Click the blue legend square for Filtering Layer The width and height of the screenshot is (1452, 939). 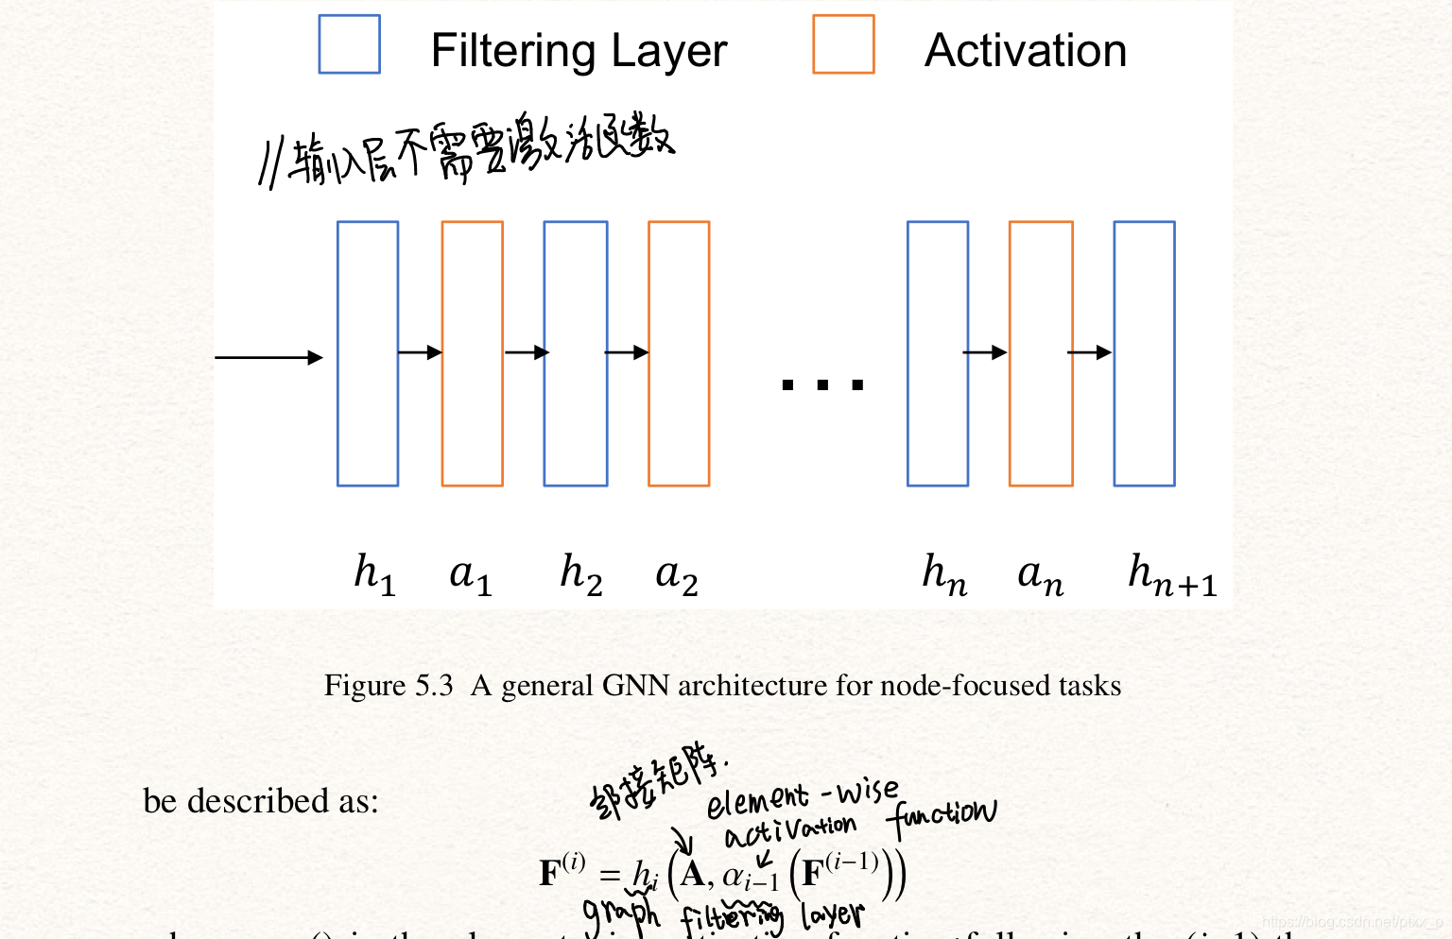[349, 44]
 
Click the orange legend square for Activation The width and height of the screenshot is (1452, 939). [843, 44]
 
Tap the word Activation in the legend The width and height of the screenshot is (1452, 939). [1026, 51]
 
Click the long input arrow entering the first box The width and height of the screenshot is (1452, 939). [268, 357]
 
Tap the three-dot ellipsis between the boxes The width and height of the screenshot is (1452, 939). [822, 384]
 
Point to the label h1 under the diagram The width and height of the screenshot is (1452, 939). [374, 573]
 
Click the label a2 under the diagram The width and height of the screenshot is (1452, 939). [677, 573]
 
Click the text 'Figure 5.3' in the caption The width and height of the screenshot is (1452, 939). [389, 685]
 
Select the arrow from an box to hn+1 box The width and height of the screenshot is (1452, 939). [1089, 352]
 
